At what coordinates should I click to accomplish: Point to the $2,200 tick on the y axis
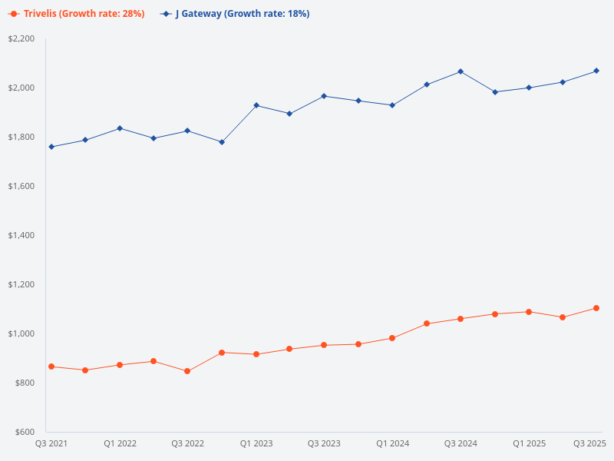pos(21,38)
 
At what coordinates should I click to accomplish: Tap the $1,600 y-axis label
pos(21,186)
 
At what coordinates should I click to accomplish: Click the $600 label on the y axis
pos(25,432)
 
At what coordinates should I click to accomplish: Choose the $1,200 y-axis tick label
pos(21,284)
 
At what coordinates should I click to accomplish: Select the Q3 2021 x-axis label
pos(51,444)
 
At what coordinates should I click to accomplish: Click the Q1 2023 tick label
pos(256,444)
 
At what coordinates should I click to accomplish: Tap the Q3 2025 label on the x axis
pos(590,444)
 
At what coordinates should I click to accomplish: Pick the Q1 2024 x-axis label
pos(393,444)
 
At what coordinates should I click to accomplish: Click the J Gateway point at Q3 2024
pos(460,71)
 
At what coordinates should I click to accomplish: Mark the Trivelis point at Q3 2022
pos(187,371)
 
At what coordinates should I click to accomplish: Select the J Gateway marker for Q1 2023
pos(256,105)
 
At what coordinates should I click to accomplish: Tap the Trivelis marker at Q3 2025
pos(596,308)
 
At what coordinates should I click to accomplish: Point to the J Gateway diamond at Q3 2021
pos(51,147)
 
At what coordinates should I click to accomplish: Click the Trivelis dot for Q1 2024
pos(392,338)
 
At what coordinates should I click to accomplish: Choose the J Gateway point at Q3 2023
pos(324,96)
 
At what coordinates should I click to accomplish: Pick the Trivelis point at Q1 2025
pos(529,312)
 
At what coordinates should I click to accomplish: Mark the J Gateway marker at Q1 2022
pos(120,128)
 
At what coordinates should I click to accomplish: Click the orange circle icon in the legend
pos(14,14)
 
